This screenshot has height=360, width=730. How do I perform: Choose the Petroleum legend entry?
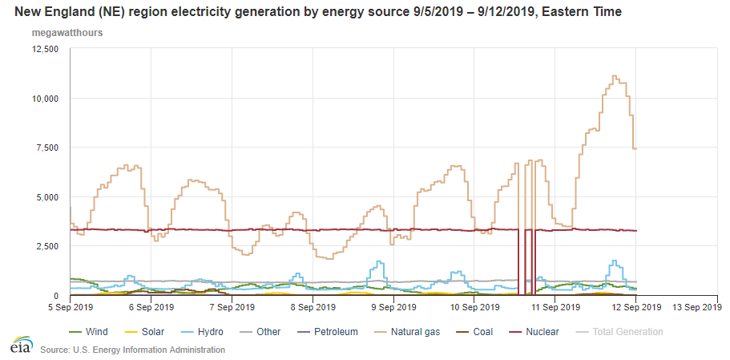click(331, 331)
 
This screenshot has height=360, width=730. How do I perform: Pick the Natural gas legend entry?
click(406, 331)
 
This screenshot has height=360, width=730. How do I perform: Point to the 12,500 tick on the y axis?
click(44, 49)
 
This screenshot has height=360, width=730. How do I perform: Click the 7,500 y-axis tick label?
click(47, 148)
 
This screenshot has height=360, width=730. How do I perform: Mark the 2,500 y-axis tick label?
click(47, 246)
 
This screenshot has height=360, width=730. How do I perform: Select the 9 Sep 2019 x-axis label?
click(393, 306)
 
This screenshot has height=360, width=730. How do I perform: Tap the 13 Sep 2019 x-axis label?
click(694, 306)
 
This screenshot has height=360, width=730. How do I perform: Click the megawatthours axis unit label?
click(67, 34)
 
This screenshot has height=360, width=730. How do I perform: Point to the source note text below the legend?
click(132, 350)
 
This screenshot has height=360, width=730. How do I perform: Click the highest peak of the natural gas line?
click(614, 76)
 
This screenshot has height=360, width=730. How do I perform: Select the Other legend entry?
click(268, 331)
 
